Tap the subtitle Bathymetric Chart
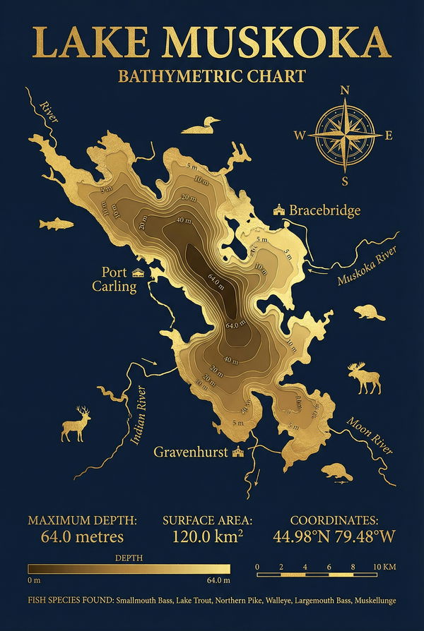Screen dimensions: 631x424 [x=212, y=76]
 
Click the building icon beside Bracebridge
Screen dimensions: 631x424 [x=280, y=210]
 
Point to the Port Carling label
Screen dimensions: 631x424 [x=114, y=279]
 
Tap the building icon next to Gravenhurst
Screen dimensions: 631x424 [x=237, y=452]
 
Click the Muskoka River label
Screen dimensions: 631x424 [x=367, y=266]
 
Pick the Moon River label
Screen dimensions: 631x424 [x=370, y=435]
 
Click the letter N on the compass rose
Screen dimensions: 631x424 [x=345, y=90]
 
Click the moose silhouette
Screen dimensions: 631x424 [x=365, y=380]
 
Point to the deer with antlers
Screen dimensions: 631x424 [x=76, y=424]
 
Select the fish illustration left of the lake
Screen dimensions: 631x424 [x=56, y=224]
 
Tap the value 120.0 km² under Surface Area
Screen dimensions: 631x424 [x=207, y=536]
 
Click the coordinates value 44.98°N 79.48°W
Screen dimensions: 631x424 [x=334, y=536]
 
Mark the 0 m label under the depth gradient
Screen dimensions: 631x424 [x=34, y=580]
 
